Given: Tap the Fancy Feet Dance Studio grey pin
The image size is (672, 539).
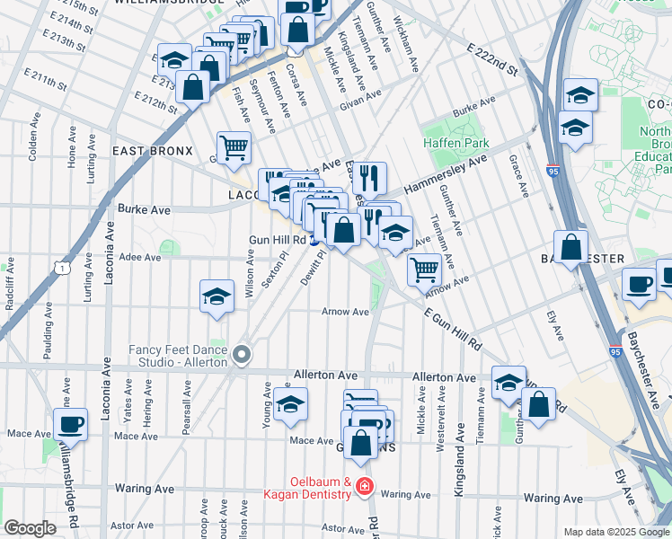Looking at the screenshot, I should [x=242, y=356].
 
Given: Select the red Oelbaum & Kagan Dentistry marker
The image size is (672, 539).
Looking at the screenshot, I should [x=364, y=487].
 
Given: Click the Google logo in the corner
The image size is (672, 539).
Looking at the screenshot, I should [x=30, y=528].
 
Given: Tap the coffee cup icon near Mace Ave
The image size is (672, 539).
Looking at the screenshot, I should [x=71, y=424].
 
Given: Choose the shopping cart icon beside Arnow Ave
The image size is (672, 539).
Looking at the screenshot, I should [x=423, y=269].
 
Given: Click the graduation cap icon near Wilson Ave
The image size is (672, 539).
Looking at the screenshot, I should [x=217, y=297].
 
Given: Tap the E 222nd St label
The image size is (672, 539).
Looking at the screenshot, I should [x=492, y=58].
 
